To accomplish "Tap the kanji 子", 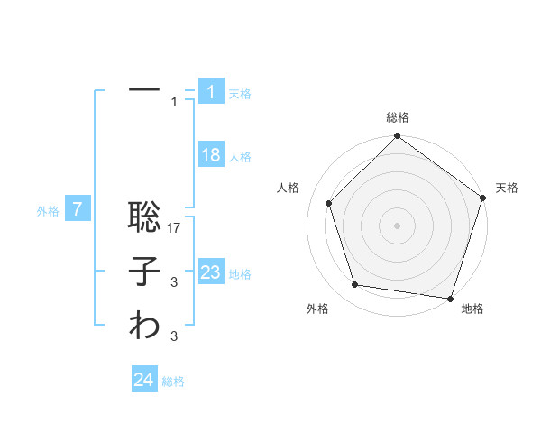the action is point(144,273).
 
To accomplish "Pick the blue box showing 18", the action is point(210,155).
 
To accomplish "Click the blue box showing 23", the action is point(210,272).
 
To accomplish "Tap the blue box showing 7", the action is point(78,210).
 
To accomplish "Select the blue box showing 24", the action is point(144,380).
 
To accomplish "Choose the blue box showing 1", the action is point(210,91).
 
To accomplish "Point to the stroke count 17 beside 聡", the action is point(175,229).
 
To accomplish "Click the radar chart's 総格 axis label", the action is point(397,117).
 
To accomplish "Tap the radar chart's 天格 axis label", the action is point(507,188).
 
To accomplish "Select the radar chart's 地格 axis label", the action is point(472,309).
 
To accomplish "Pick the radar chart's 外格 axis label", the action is point(317,309).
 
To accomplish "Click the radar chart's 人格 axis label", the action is point(288,188).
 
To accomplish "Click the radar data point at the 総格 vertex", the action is point(397,137).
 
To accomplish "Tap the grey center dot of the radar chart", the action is point(397,225).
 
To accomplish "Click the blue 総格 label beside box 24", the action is point(173,382).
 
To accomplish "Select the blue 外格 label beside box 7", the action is point(48,211).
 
